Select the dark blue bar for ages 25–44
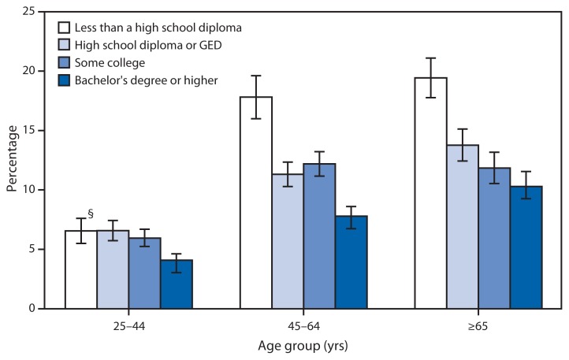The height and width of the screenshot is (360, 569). click(177, 284)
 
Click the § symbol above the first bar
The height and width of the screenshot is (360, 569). click(91, 213)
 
